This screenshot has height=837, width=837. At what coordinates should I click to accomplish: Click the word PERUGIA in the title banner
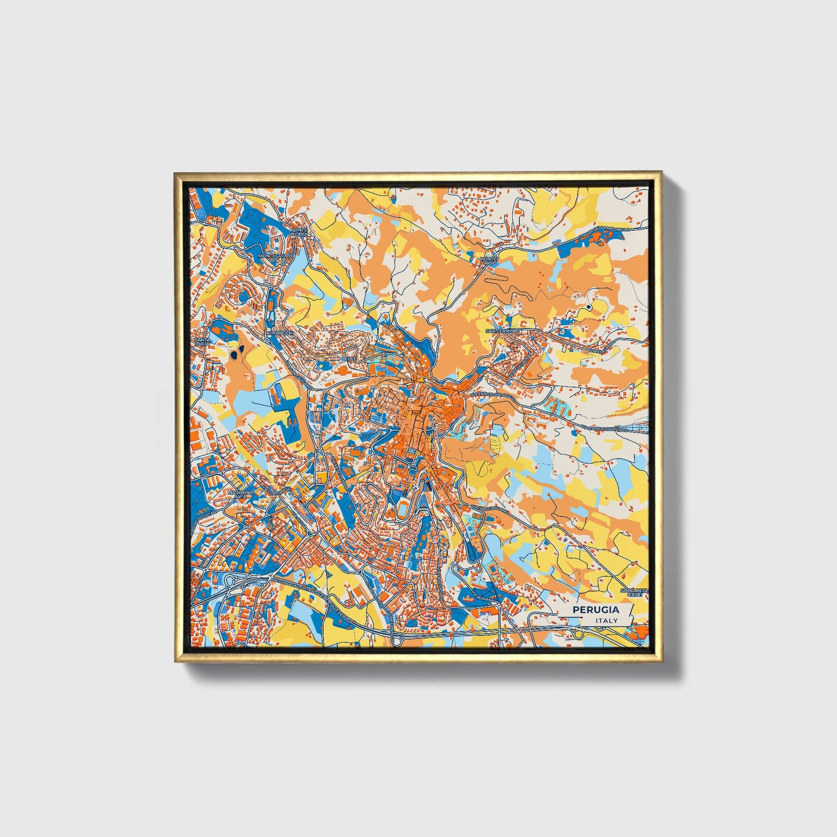[x=595, y=610]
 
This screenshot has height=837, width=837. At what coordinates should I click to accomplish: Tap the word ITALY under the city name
[x=606, y=620]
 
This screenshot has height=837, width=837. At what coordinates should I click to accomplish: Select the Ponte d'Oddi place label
[x=301, y=233]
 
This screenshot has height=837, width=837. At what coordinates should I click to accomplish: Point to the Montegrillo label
[x=277, y=255]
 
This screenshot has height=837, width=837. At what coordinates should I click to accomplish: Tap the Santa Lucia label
[x=202, y=341]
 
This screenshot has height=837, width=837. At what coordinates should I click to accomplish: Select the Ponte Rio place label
[x=489, y=261]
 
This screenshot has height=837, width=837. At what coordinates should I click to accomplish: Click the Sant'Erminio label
[x=503, y=331]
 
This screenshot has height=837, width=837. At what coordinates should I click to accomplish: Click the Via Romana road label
[x=483, y=596]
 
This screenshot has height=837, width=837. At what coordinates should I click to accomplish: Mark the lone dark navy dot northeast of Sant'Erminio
[x=589, y=306]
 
